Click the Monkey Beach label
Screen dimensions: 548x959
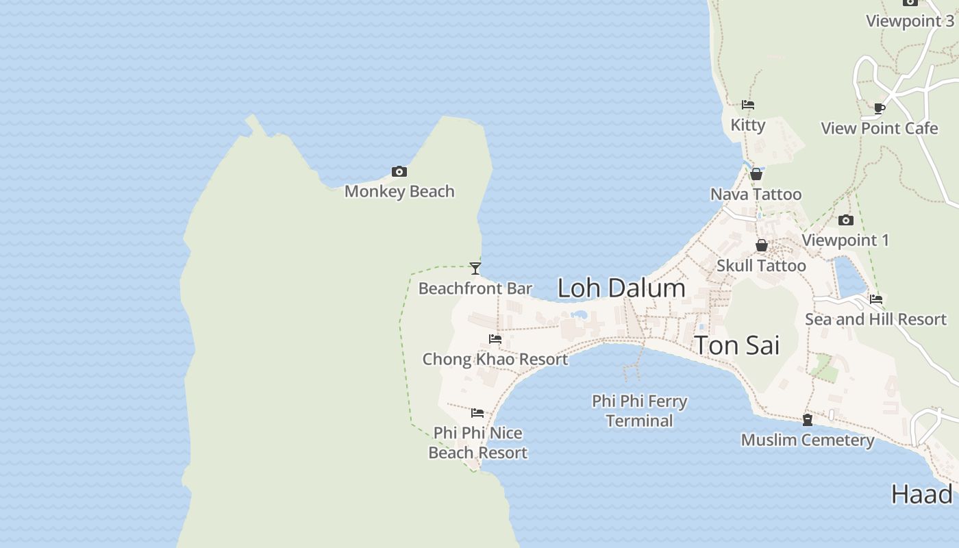(x=399, y=191)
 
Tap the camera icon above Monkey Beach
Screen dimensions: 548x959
(x=399, y=171)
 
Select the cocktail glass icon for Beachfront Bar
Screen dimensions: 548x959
(x=475, y=268)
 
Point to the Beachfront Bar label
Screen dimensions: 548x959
(x=475, y=288)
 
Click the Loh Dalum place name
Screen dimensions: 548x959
(x=621, y=288)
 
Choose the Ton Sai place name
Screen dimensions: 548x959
(x=737, y=345)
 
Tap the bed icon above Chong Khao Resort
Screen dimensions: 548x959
(x=495, y=339)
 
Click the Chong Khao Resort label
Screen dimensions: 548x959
(x=495, y=359)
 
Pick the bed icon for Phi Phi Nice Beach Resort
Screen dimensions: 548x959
(x=477, y=413)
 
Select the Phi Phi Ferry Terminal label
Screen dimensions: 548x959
(x=640, y=410)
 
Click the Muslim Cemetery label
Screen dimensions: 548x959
(x=808, y=440)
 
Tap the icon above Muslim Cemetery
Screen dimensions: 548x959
(x=808, y=419)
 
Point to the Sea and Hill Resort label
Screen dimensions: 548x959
(x=875, y=319)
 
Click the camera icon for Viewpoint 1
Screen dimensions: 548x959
(x=846, y=220)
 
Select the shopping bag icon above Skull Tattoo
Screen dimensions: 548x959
(x=761, y=245)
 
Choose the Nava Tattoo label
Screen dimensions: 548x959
(x=756, y=195)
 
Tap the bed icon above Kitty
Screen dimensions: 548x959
(x=748, y=105)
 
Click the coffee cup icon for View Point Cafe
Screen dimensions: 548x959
(x=880, y=108)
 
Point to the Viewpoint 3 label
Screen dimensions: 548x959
(x=910, y=21)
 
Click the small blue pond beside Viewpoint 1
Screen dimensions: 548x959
(x=849, y=277)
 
